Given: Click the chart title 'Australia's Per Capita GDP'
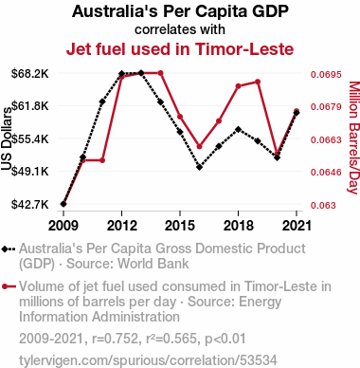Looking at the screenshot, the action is point(180,11).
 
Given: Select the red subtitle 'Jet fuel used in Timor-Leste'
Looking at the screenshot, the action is point(180,49).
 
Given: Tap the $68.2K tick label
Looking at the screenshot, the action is point(30,74).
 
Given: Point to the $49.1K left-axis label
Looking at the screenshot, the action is point(30,172).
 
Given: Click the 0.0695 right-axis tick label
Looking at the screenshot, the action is point(326,74).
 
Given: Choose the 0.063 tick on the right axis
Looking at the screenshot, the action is point(323,205).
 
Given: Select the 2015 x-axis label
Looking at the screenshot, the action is point(180,226).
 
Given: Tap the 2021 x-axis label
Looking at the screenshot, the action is point(297,226).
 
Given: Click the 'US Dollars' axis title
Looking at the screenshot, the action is point(7,138).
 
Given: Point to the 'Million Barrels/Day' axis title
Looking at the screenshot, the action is point(354,138).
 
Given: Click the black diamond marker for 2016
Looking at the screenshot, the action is point(199,167).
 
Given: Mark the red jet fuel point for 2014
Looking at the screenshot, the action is point(160,73).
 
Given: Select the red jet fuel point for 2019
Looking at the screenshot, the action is point(258,82).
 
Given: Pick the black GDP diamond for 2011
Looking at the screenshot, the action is point(102,101).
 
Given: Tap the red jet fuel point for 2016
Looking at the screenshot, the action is point(199,147).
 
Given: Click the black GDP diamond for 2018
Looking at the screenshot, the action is point(238,129).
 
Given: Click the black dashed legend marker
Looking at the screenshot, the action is point(9,249).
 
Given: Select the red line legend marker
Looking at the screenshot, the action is point(9,286).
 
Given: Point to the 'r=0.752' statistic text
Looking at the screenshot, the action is point(115,339).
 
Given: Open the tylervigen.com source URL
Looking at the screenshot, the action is point(148,360).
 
